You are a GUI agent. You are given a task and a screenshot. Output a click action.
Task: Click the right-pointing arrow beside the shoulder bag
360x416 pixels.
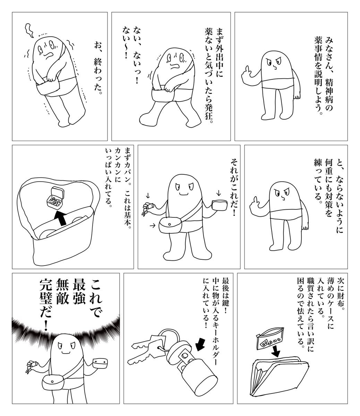point(153,226)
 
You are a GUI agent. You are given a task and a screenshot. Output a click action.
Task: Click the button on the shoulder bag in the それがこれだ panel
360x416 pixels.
point(169,224)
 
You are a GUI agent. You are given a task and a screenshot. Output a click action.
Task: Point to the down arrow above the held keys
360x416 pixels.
point(148,195)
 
